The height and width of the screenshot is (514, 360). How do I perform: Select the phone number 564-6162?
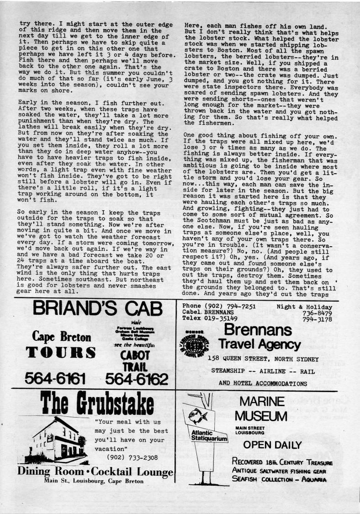tap(137, 379)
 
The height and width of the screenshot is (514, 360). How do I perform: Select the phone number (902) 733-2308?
tap(129, 457)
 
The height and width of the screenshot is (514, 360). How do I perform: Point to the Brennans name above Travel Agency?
tap(258, 330)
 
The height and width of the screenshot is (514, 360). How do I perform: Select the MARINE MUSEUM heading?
tap(261, 409)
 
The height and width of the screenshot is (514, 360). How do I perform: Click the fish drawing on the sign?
tap(199, 416)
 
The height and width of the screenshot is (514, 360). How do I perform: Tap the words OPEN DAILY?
tap(272, 445)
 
